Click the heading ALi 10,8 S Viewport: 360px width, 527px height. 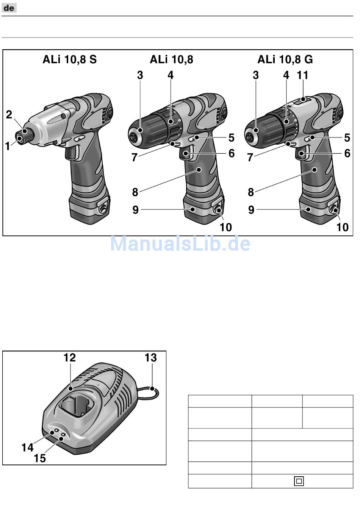point(69,60)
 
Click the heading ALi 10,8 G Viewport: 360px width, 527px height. point(285,60)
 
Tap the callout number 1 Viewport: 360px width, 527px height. point(8,146)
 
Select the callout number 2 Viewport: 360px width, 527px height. point(9,114)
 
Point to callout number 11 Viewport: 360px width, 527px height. point(303,75)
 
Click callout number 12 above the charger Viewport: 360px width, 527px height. point(70,358)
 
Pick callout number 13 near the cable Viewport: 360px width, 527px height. point(150,358)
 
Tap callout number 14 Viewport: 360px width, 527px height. point(27,447)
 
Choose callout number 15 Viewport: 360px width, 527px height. point(39,458)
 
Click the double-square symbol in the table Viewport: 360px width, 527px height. point(299,481)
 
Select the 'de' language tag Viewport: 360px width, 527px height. point(9,8)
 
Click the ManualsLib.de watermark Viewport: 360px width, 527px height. point(180,243)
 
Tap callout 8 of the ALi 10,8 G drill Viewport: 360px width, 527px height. point(251,192)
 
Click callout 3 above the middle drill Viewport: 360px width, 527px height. point(140,75)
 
